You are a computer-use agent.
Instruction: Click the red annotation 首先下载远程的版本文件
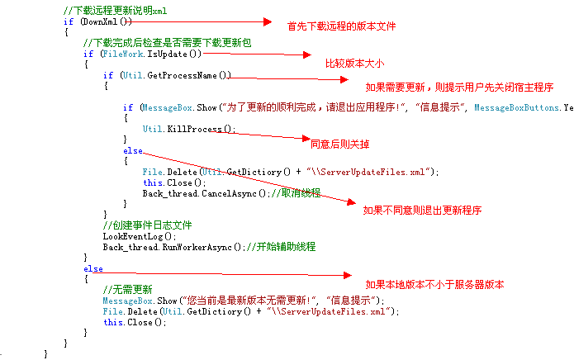(341, 26)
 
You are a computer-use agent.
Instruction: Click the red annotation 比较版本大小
(354, 63)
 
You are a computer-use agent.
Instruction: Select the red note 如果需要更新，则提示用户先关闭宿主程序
(458, 87)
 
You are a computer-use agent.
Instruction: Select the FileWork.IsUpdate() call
(152, 54)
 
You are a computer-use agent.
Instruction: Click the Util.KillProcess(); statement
(189, 129)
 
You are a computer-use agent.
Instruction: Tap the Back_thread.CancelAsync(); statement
(206, 193)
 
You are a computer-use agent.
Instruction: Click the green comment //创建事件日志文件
(147, 225)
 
